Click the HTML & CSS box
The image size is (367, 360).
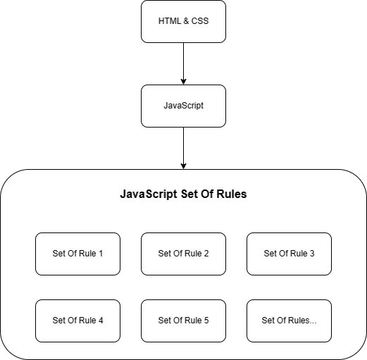(183, 21)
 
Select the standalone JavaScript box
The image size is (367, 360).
(183, 106)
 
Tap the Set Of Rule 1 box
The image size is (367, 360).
(77, 254)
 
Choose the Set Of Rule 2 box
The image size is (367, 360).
(183, 254)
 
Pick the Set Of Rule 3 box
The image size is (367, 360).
(289, 254)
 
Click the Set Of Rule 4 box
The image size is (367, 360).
(77, 321)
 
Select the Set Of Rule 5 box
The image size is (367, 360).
(183, 321)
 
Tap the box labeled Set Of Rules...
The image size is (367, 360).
(289, 321)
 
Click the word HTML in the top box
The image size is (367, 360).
(169, 21)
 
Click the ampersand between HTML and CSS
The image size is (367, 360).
(186, 21)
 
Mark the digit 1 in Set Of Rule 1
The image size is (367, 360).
(101, 254)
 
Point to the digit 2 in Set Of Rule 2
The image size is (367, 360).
(206, 254)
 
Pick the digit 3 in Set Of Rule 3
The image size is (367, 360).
(312, 254)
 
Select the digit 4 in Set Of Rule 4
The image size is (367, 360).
(101, 321)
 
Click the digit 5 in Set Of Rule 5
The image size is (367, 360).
(206, 321)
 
